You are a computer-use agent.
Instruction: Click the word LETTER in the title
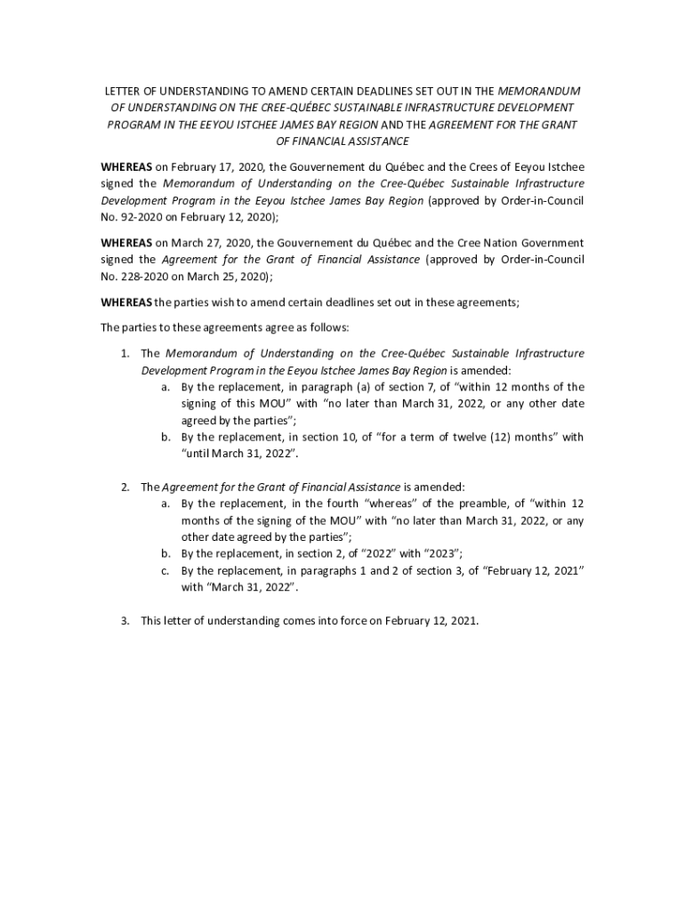click(121, 92)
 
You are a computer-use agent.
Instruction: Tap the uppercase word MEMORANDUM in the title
click(539, 92)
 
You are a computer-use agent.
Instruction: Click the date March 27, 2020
click(204, 242)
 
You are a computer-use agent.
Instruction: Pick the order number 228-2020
click(140, 276)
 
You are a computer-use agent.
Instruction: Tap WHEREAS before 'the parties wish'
click(126, 302)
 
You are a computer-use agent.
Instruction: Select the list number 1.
click(125, 353)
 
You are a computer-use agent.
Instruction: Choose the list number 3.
click(125, 621)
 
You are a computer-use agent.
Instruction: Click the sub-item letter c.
click(165, 570)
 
